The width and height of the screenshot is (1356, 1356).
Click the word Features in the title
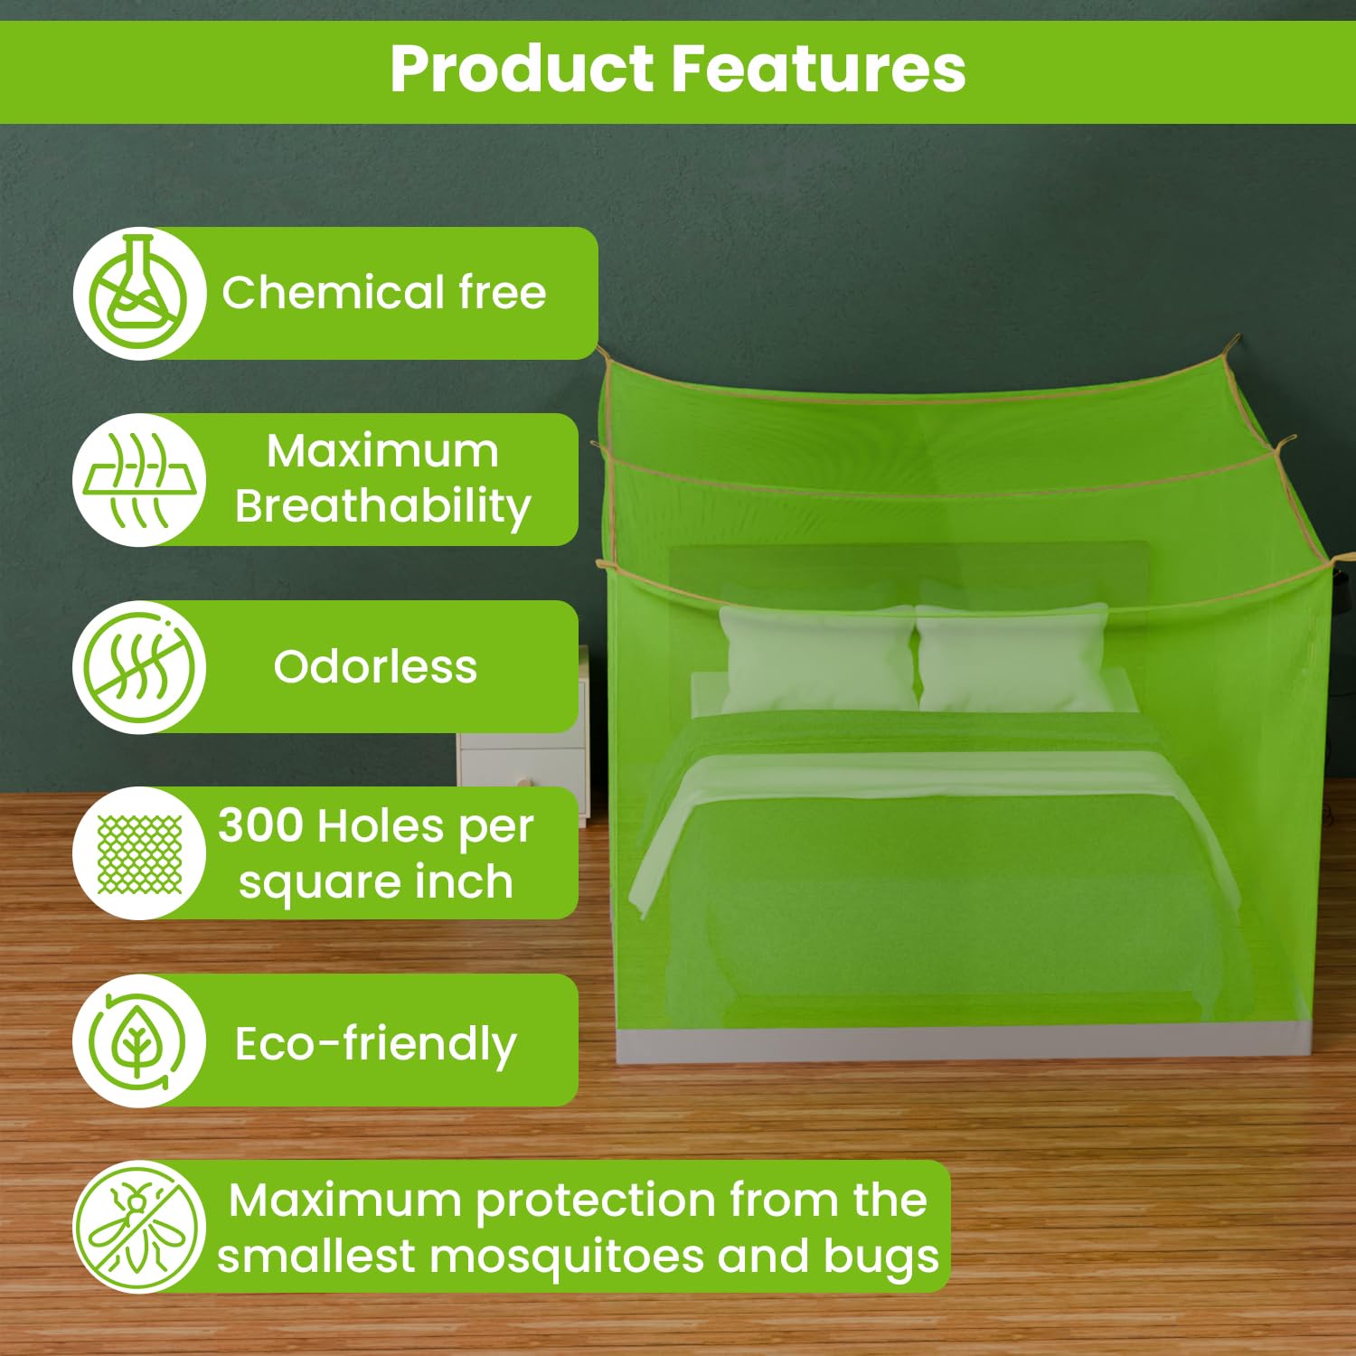pyautogui.click(x=819, y=69)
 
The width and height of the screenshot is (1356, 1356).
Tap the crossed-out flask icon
pyautogui.click(x=139, y=293)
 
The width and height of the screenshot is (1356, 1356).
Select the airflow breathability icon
pyautogui.click(x=139, y=480)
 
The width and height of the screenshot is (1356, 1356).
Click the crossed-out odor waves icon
pyautogui.click(x=139, y=667)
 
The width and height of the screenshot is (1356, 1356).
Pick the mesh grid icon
pyautogui.click(x=139, y=853)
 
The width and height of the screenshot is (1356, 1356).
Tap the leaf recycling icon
pyautogui.click(x=139, y=1041)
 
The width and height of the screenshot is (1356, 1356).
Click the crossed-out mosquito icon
pyautogui.click(x=139, y=1227)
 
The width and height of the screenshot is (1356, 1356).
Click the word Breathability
pyautogui.click(x=383, y=507)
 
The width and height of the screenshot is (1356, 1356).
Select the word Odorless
pyautogui.click(x=375, y=667)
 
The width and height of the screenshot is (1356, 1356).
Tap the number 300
pyautogui.click(x=260, y=825)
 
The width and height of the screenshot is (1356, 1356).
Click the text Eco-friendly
pyautogui.click(x=376, y=1045)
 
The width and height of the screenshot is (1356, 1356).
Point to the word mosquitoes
pyautogui.click(x=568, y=1257)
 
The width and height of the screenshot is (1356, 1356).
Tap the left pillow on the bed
pyautogui.click(x=817, y=658)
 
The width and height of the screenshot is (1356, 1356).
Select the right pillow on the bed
pyautogui.click(x=1014, y=656)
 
